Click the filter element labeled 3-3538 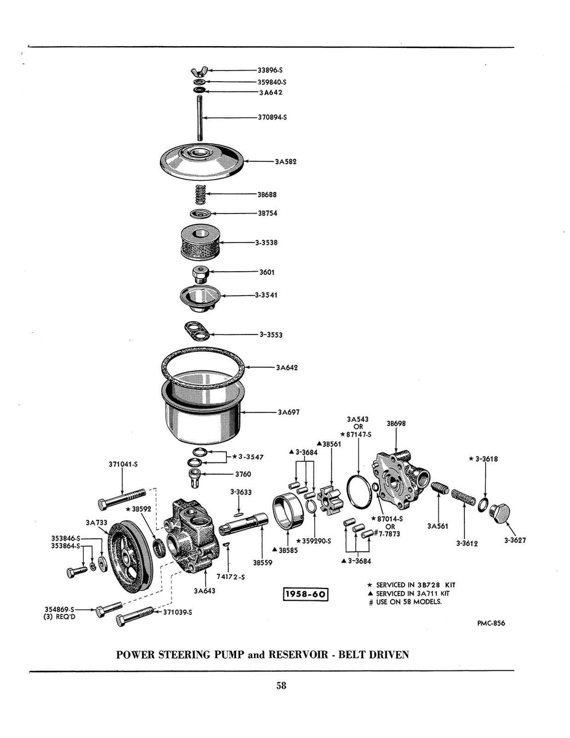(x=201, y=243)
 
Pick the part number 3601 (x=268, y=271)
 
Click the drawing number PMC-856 (x=491, y=622)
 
